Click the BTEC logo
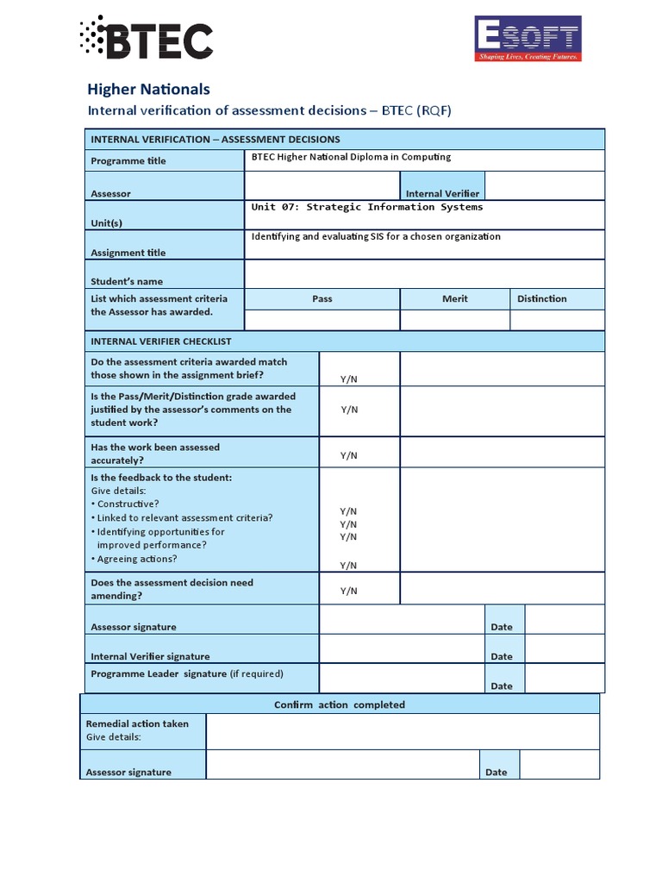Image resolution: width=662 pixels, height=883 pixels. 145,39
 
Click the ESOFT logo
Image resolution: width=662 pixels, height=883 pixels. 528,39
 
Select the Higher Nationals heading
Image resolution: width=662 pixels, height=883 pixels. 149,89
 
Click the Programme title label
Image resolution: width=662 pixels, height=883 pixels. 128,160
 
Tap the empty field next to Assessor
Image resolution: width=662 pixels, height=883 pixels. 322,185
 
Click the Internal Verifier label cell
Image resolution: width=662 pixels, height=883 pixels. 442,194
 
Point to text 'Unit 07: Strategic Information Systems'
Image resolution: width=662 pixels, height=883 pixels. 367,207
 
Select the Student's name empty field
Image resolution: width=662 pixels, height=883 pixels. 424,273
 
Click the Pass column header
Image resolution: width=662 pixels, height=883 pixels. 322,298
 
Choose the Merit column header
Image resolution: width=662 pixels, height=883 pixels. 454,298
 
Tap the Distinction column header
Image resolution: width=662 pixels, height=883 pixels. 541,298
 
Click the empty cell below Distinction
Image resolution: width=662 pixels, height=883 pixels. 557,320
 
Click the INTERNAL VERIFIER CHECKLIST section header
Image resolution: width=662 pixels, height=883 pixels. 161,341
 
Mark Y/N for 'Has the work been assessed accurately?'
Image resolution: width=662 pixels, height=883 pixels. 348,455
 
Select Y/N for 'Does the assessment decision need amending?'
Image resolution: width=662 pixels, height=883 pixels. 348,591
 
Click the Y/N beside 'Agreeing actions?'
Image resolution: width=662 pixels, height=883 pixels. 348,566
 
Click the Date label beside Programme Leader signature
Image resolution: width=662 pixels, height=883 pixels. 501,686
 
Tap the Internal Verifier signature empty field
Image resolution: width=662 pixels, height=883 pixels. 401,648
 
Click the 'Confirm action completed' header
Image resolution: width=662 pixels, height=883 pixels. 339,705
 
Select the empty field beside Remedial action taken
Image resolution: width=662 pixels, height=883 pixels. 402,731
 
